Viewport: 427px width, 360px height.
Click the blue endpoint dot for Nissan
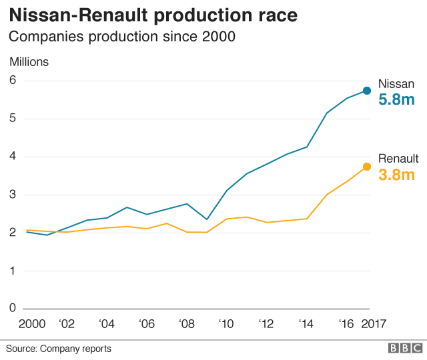pos(367,91)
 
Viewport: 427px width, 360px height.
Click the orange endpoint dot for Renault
pos(367,167)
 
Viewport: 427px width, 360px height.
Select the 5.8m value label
pos(397,100)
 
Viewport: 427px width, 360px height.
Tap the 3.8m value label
pos(397,175)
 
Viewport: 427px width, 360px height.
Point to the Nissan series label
pos(396,84)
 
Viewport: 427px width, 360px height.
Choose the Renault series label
pos(398,159)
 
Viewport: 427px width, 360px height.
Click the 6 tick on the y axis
pos(13,81)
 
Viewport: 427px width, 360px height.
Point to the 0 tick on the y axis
pos(13,308)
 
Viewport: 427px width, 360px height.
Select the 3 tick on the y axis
pos(13,195)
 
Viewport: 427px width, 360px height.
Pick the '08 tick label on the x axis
pos(187,324)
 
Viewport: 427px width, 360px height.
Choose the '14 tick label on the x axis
pos(306,324)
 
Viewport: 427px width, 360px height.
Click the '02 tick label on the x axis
pos(67,324)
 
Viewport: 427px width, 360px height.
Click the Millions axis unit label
pos(29,62)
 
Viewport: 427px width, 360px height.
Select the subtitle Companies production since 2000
pos(122,37)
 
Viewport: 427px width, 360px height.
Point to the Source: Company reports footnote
pos(59,349)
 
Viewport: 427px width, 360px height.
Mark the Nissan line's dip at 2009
pos(207,219)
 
